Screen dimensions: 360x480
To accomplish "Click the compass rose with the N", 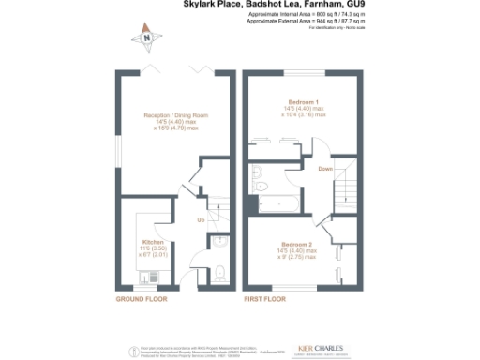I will [x=147, y=37].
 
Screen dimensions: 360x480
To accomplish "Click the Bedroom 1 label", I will [x=305, y=101].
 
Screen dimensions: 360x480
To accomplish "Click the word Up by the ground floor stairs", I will [x=201, y=220].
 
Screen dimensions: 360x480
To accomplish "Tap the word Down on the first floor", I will [x=325, y=169].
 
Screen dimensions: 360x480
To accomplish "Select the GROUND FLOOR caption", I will [x=142, y=299].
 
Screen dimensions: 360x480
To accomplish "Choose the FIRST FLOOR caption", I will [x=264, y=299].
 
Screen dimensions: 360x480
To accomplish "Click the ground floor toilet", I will [x=219, y=272].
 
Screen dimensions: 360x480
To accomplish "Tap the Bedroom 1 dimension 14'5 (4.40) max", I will [x=305, y=109].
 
